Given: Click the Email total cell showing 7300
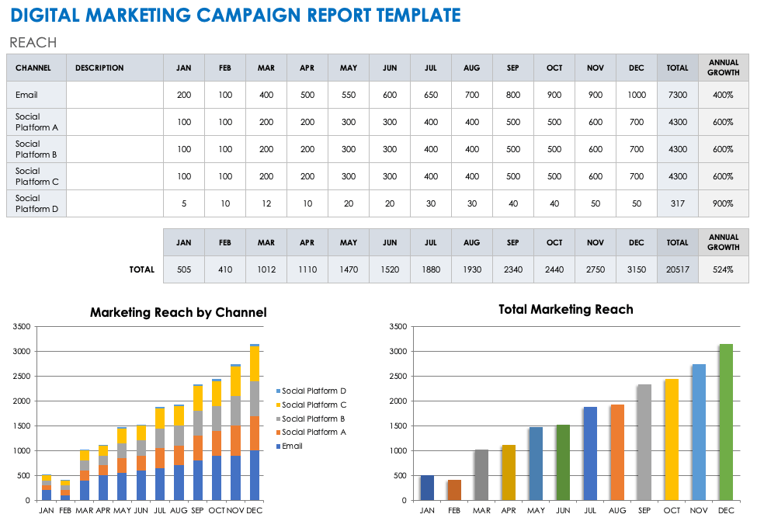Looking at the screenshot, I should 677,95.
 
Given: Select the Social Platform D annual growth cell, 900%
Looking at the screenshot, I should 723,203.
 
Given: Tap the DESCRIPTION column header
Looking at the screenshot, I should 99,68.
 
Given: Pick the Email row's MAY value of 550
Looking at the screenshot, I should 348,95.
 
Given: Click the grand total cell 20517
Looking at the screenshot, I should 677,269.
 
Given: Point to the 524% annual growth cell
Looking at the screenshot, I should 723,269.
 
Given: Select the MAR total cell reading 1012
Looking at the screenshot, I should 266,269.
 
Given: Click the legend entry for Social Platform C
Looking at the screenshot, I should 314,405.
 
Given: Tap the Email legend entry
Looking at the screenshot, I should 292,446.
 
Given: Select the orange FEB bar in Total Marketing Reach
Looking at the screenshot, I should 454,490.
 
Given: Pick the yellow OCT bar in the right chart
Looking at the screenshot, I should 672,439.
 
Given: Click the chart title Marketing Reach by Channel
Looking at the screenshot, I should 178,312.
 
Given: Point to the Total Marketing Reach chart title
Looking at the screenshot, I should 565,309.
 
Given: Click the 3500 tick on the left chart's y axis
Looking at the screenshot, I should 23,327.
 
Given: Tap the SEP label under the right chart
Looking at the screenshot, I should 644,510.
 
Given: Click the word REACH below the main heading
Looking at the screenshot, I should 33,43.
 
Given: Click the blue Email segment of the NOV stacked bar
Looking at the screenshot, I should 236,478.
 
